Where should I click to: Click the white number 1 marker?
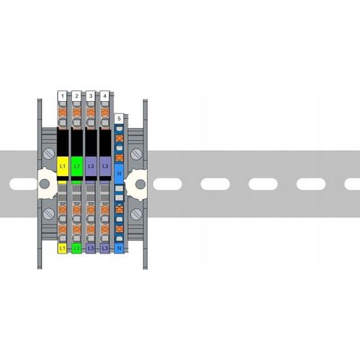(63, 96)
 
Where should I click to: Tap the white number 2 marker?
(77, 96)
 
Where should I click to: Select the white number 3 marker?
(90, 96)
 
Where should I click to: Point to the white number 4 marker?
(105, 96)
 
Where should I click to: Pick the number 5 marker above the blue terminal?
(119, 119)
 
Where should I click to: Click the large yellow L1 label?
(63, 166)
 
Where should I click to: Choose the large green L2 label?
(77, 166)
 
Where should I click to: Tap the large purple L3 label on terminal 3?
(91, 166)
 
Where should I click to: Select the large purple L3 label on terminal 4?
(105, 166)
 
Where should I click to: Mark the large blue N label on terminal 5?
(119, 174)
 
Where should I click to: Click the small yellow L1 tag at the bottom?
(63, 248)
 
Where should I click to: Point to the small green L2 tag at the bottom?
(77, 248)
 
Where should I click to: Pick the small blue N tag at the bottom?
(119, 248)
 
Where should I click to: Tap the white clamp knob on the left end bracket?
(47, 183)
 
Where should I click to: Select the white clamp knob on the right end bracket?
(136, 184)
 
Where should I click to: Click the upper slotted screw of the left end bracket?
(49, 154)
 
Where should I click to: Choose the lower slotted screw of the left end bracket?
(49, 214)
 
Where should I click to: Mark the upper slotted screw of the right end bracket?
(136, 154)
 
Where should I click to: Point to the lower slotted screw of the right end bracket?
(136, 214)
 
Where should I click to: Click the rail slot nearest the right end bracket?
(168, 184)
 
